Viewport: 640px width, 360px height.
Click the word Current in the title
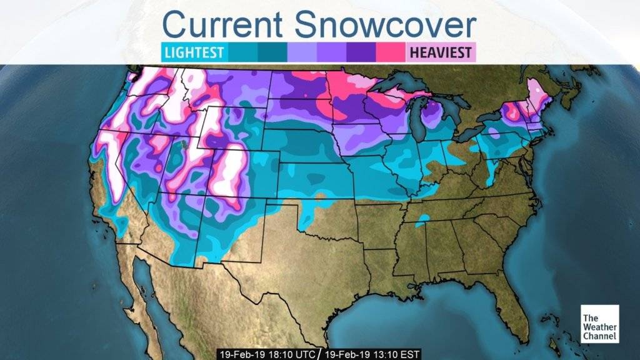pyautogui.click(x=223, y=25)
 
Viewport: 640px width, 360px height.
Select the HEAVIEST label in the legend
pyautogui.click(x=441, y=52)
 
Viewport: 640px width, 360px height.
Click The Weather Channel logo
pyautogui.click(x=599, y=324)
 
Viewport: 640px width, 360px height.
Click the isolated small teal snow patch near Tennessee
pyautogui.click(x=422, y=218)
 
